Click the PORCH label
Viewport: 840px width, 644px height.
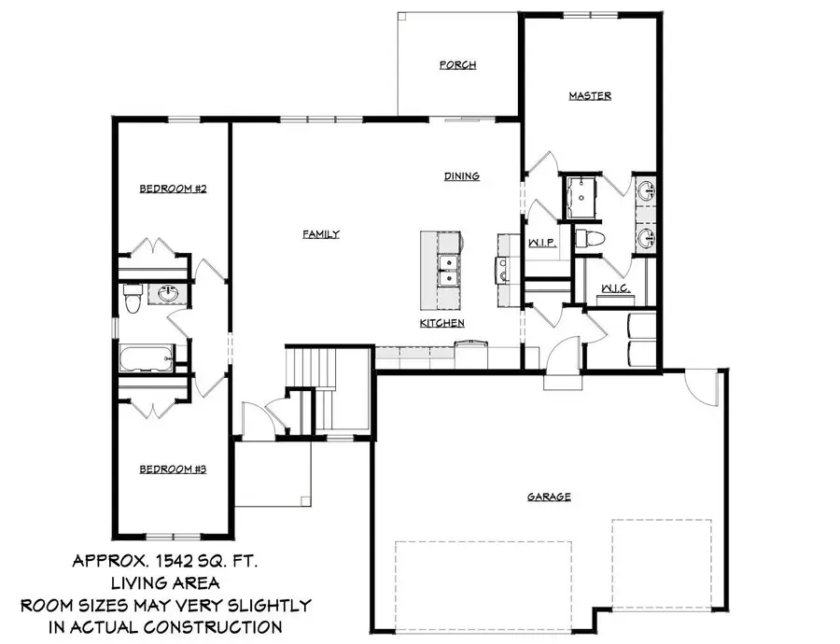pyautogui.click(x=458, y=65)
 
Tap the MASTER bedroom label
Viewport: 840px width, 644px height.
pyautogui.click(x=590, y=96)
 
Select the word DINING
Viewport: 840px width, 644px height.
pyautogui.click(x=461, y=175)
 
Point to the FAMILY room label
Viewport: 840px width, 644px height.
pyautogui.click(x=320, y=234)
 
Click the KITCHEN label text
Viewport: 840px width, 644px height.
pyautogui.click(x=441, y=323)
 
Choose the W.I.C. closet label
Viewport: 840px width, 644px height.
pyautogui.click(x=615, y=288)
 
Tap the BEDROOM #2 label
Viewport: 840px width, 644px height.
pyautogui.click(x=173, y=189)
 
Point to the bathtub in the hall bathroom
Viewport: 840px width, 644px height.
pyautogui.click(x=146, y=357)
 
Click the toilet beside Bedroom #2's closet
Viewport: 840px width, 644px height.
pyautogui.click(x=132, y=298)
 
